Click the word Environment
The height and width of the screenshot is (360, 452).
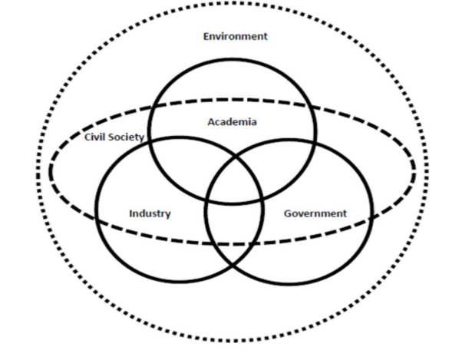[236, 36]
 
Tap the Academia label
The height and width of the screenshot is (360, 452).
[232, 121]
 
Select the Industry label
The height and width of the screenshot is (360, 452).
[150, 213]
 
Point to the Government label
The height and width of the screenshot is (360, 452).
[315, 213]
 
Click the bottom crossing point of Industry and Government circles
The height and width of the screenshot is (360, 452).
[233, 265]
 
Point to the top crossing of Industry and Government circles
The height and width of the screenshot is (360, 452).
[236, 157]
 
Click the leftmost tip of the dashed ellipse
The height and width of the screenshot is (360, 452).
[51, 170]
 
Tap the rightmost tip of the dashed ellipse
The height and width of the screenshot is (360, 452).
[414, 170]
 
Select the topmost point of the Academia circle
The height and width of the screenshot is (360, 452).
[233, 59]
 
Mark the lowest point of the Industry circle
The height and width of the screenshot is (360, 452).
[179, 281]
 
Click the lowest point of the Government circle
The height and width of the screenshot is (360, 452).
[289, 283]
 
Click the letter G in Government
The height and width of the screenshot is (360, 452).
[288, 213]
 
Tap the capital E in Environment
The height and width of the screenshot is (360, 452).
[206, 36]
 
